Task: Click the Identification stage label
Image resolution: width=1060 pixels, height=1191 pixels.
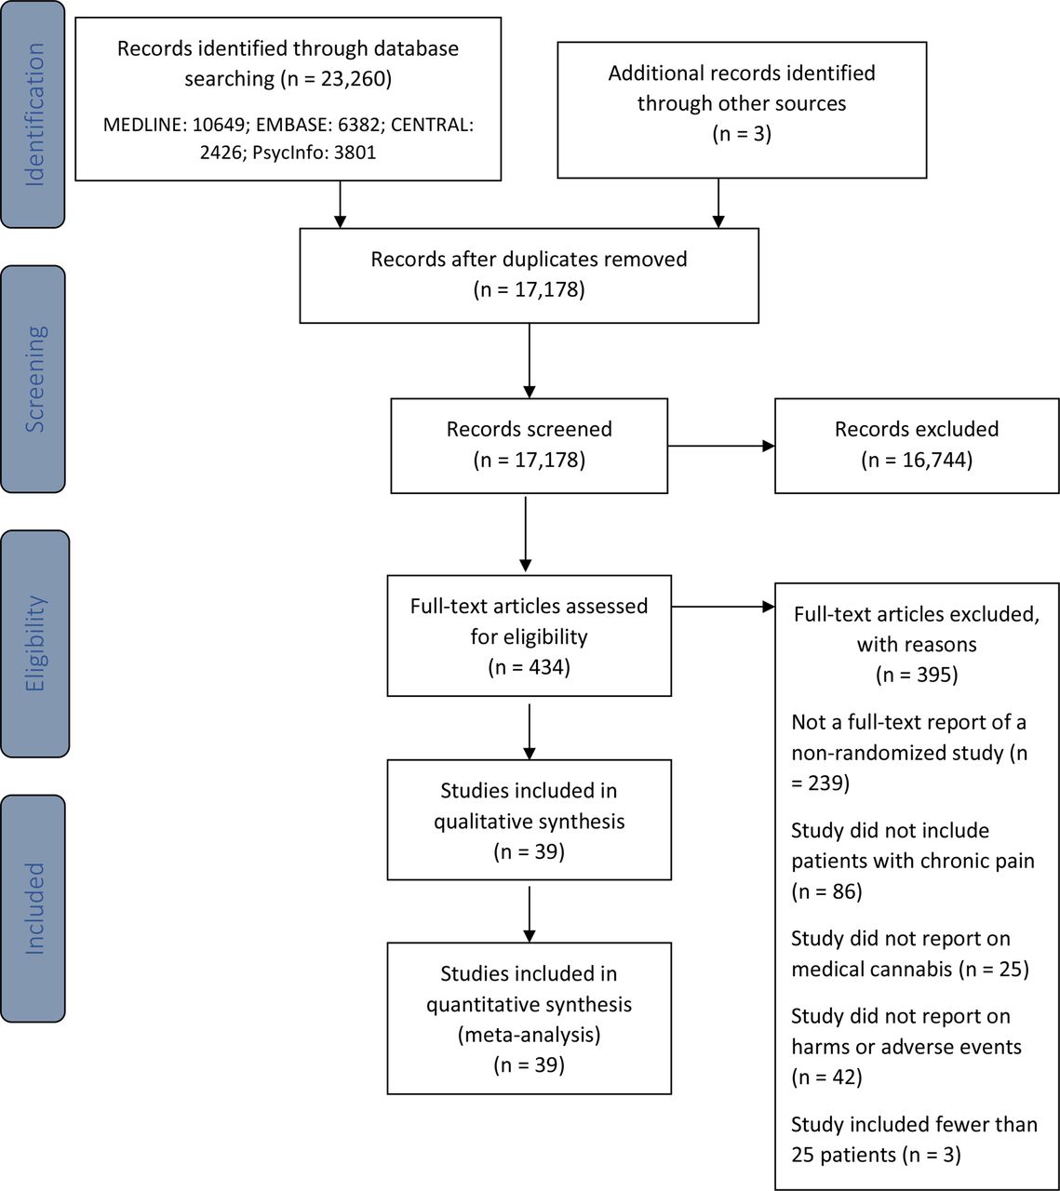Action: pyautogui.click(x=34, y=114)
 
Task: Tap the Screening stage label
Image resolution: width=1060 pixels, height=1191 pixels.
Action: pyautogui.click(x=34, y=380)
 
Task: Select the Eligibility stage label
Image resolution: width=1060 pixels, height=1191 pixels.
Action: pyautogui.click(x=34, y=643)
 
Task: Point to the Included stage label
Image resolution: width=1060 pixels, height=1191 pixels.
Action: pyautogui.click(x=34, y=908)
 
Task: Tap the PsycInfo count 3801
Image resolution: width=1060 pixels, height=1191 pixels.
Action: pyautogui.click(x=355, y=153)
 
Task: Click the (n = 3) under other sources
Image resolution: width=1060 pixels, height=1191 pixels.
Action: pyautogui.click(x=742, y=133)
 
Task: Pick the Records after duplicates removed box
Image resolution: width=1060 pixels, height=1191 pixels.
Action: pyautogui.click(x=530, y=275)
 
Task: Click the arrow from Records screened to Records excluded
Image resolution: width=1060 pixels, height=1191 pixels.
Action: pyautogui.click(x=721, y=447)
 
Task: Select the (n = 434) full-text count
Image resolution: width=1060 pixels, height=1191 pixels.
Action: pyautogui.click(x=530, y=667)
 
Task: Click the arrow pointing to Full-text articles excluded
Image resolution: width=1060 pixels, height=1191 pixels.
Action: pyautogui.click(x=723, y=607)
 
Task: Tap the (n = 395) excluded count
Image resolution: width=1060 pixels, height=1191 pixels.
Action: pyautogui.click(x=917, y=675)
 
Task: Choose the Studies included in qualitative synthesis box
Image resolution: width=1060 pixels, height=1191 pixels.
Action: pyautogui.click(x=530, y=820)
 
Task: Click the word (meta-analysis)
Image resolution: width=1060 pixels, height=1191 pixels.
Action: pyautogui.click(x=530, y=1034)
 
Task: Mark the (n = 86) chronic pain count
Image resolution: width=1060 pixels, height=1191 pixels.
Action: pyautogui.click(x=826, y=891)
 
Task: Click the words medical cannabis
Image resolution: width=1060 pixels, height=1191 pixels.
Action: pyautogui.click(x=872, y=970)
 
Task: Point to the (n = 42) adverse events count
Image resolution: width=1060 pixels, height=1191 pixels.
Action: pyautogui.click(x=826, y=1077)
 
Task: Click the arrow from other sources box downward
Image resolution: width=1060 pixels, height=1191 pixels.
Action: pyautogui.click(x=718, y=203)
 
